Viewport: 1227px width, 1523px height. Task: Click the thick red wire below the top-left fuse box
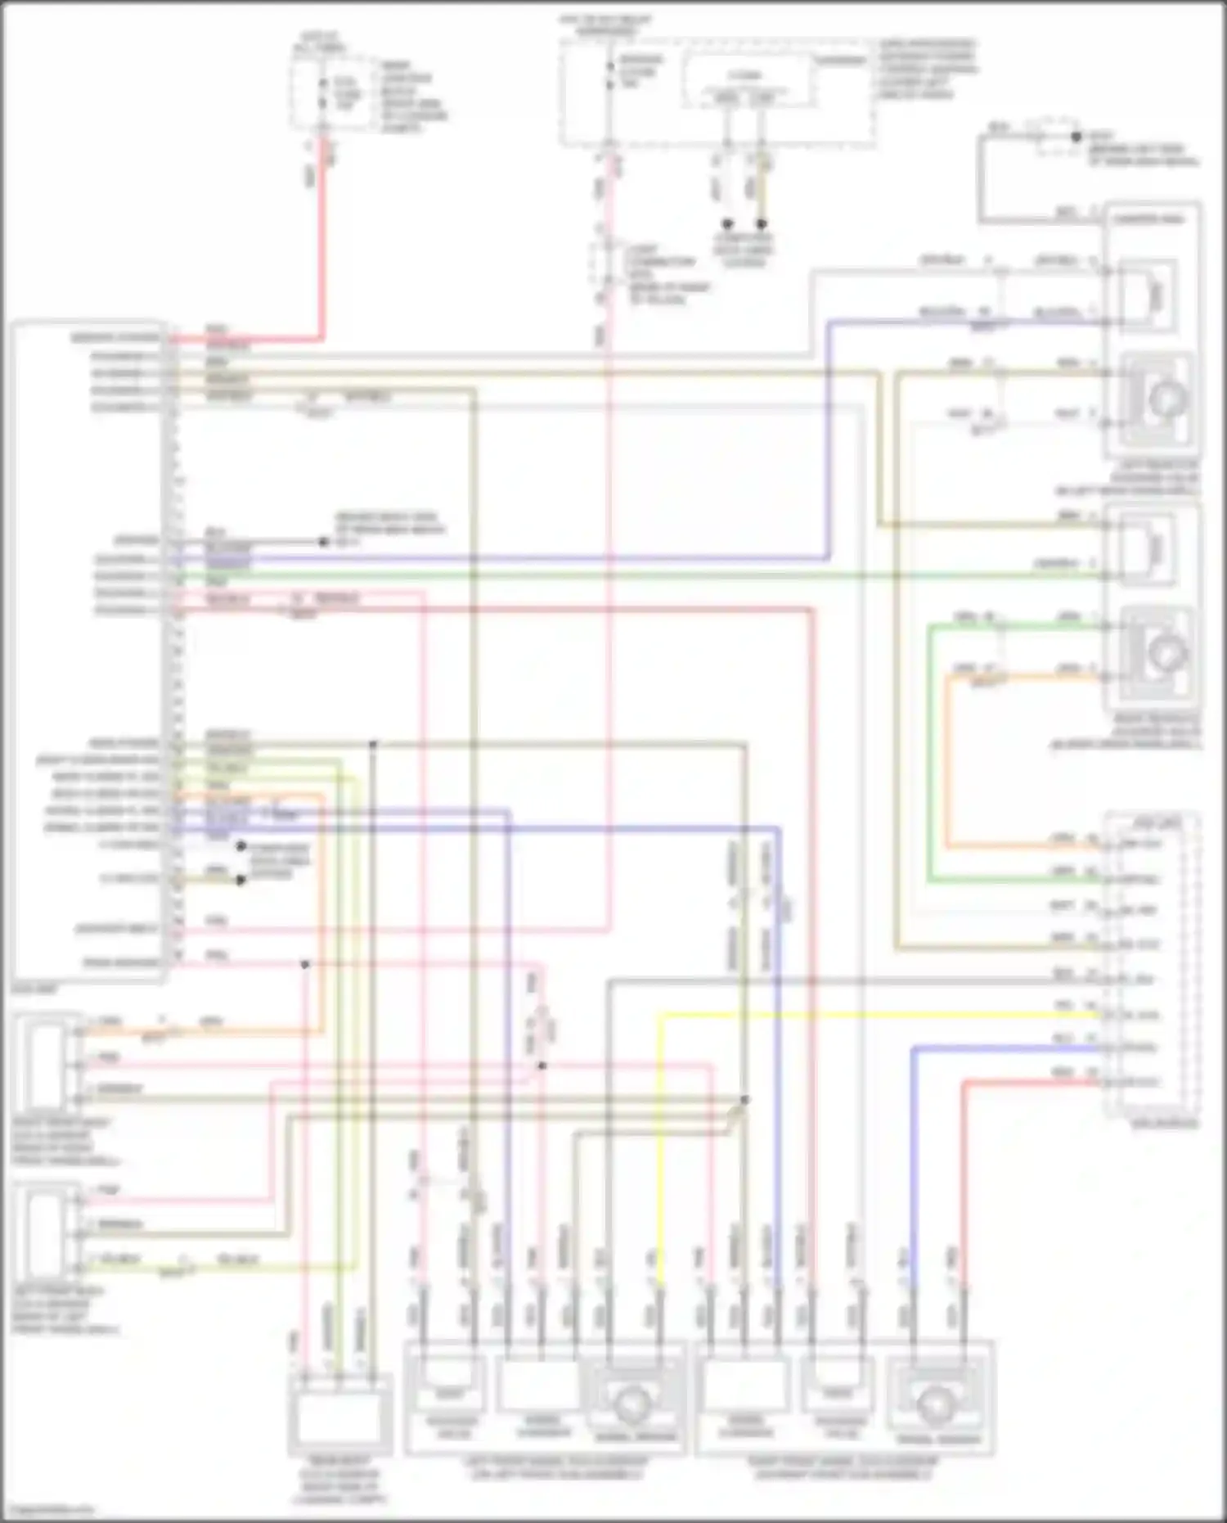[x=322, y=246]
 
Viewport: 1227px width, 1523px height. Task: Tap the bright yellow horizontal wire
[x=875, y=1016]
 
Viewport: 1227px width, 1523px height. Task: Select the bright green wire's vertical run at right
[x=929, y=753]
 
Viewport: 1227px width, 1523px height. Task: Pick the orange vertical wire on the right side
[x=947, y=761]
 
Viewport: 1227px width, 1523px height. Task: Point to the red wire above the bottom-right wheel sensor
[x=964, y=1187]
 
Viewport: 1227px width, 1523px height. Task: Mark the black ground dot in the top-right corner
[x=1076, y=137]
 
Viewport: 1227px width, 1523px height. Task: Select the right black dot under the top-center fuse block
[x=762, y=223]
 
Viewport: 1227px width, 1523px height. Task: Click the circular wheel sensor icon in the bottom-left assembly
[x=631, y=1404]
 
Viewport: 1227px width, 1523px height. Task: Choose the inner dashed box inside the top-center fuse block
[x=748, y=82]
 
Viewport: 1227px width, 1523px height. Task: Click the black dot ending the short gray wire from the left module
[x=323, y=542]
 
